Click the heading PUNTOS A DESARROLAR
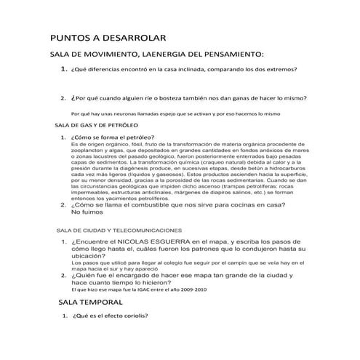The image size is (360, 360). point(108,37)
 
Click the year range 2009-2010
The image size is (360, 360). point(189,289)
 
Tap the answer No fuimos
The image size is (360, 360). point(87,212)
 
